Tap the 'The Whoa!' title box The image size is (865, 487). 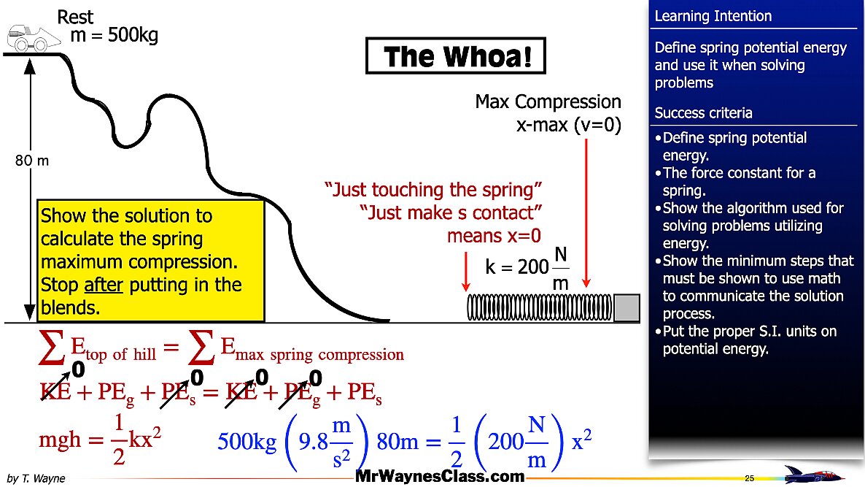point(456,55)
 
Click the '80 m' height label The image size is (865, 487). point(32,161)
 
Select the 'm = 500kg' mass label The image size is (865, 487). point(115,35)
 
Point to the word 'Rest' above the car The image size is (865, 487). point(75,17)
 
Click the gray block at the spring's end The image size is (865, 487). point(627,307)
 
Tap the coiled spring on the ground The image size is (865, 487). point(540,307)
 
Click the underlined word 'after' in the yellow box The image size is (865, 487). point(103,285)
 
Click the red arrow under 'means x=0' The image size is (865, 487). point(466,271)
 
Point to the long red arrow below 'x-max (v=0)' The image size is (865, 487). point(586,212)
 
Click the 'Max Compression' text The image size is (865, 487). point(548,102)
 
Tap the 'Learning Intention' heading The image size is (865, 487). point(713,16)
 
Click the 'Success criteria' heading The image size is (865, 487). point(703,113)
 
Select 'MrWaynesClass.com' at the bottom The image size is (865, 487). point(440,476)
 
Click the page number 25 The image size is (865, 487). point(749,478)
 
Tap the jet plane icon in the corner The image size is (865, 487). point(814,475)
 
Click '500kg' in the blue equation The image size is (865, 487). point(247,442)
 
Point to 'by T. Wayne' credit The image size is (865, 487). point(36,478)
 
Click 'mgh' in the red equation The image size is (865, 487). point(60,440)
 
